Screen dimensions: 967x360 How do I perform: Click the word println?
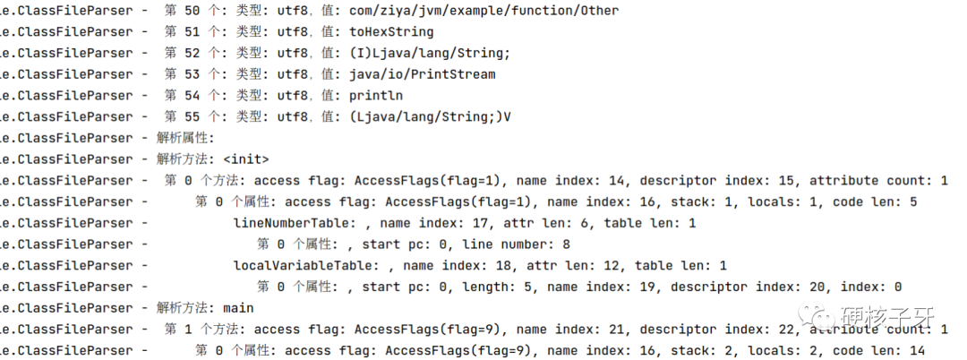pyautogui.click(x=376, y=96)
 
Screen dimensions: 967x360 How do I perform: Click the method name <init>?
pyautogui.click(x=245, y=159)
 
